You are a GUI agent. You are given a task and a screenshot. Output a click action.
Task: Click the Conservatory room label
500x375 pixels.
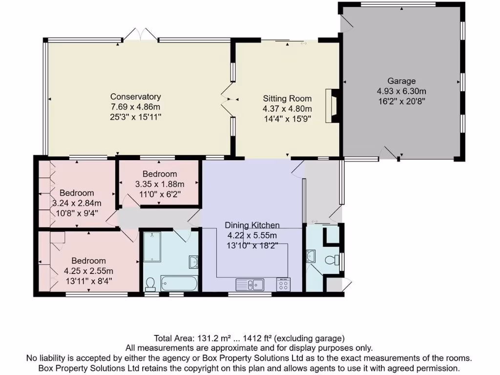pyautogui.click(x=135, y=97)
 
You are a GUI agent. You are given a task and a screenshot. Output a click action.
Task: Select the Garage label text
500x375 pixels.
pyautogui.click(x=401, y=81)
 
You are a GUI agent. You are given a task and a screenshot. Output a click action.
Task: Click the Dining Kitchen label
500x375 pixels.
pyautogui.click(x=252, y=225)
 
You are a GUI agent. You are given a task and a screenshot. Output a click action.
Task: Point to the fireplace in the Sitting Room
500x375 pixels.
pyautogui.click(x=333, y=105)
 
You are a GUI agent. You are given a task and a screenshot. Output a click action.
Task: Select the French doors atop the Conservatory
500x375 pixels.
pyautogui.click(x=141, y=34)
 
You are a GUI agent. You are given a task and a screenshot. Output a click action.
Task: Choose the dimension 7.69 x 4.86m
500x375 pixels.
pyautogui.click(x=135, y=106)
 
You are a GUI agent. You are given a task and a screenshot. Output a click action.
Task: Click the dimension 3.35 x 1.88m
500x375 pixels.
pyautogui.click(x=160, y=184)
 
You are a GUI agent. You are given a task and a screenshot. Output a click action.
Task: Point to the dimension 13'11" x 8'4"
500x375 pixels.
pyautogui.click(x=88, y=281)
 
